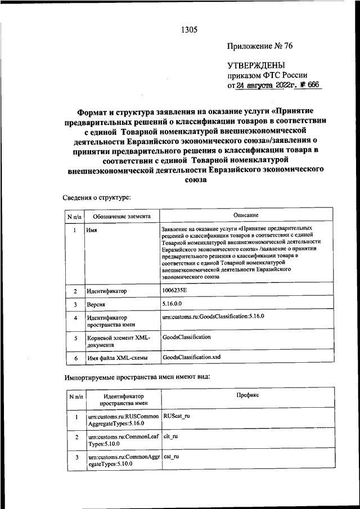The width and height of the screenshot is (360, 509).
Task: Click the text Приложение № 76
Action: pos(260,46)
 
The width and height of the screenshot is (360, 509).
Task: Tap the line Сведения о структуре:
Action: pos(97,197)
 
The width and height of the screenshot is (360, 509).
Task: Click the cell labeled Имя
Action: pos(91,231)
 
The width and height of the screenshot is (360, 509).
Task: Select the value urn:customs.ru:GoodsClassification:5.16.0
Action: pos(213,317)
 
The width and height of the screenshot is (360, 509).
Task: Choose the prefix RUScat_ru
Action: pos(176,416)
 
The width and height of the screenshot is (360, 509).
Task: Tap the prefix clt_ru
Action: pos(170,436)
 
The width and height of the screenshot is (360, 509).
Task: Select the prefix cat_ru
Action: pos(171,458)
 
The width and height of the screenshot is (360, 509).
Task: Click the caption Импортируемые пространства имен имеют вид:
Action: pos(137,376)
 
